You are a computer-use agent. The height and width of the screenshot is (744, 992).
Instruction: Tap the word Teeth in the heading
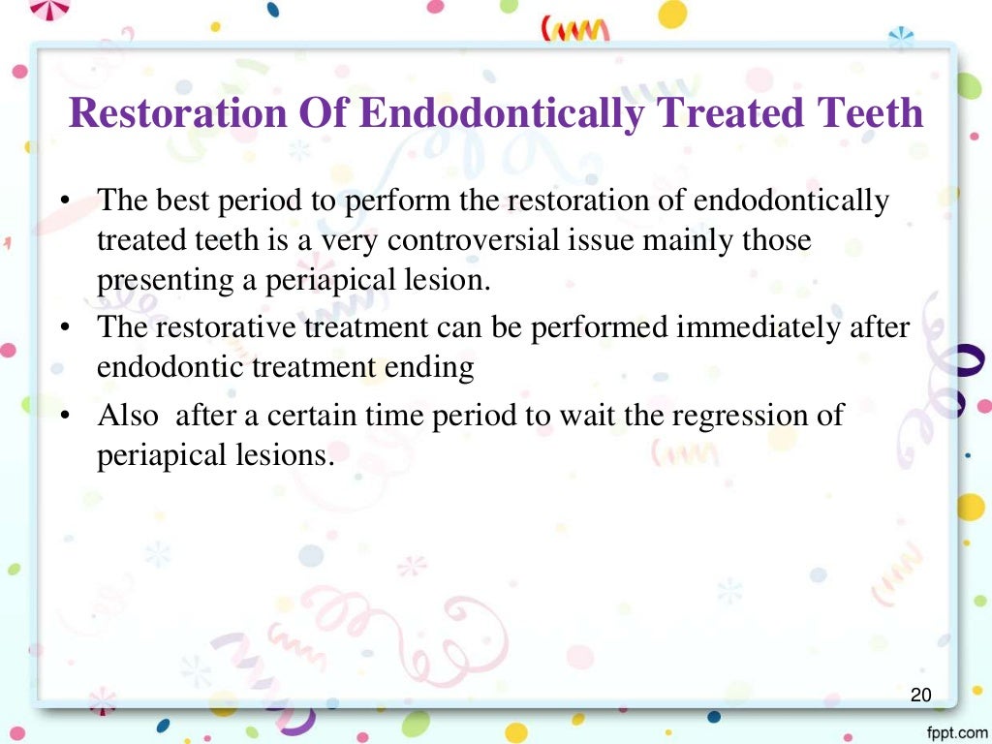pos(871,113)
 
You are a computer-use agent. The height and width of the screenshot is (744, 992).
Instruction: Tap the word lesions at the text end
pos(281,455)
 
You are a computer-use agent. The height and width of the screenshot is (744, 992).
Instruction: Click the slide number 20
pos(920,695)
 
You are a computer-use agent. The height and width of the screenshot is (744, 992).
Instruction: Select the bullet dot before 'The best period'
pos(64,202)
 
